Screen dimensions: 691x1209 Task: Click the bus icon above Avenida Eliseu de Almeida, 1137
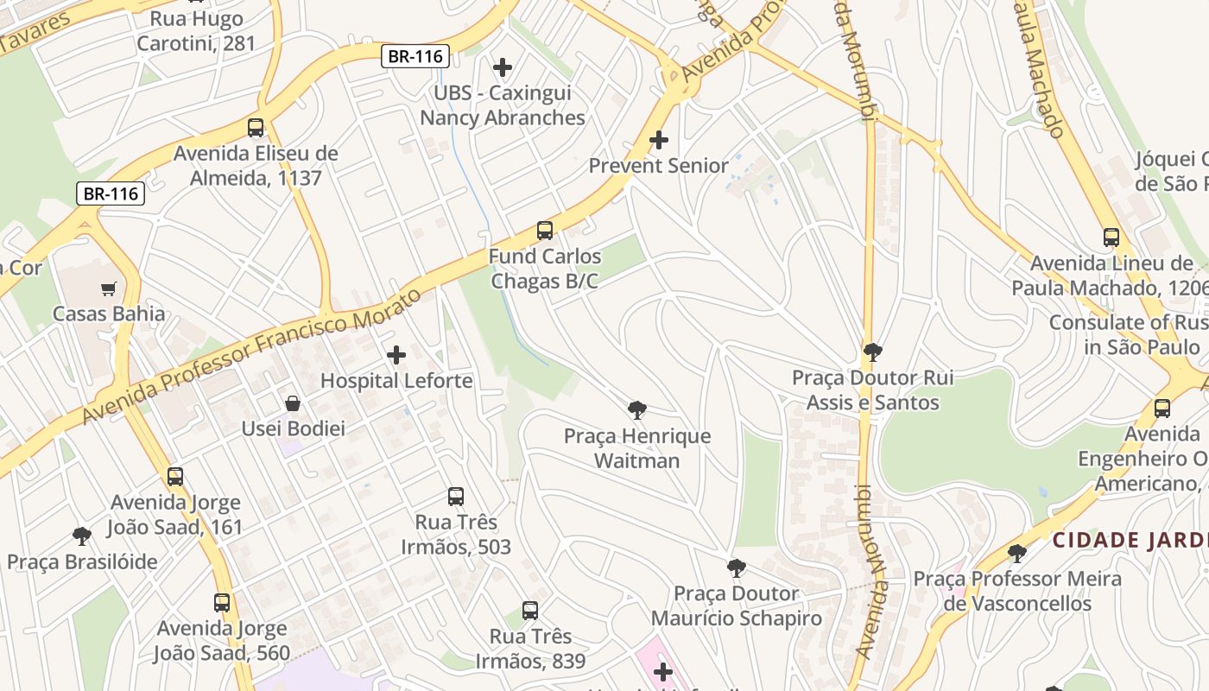point(256,128)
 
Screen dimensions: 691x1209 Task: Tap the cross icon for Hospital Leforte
point(396,355)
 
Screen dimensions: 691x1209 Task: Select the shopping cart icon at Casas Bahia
point(109,288)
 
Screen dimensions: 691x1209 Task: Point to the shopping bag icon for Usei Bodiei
point(293,403)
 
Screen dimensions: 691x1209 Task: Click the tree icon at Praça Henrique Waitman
point(637,410)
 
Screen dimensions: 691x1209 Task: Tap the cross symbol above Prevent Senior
point(659,139)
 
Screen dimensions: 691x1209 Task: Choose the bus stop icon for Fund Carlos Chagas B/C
point(545,231)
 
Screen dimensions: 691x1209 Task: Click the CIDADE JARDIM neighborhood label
point(1130,541)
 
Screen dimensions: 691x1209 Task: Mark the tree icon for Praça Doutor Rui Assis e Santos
point(872,352)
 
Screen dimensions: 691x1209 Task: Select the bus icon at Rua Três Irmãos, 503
point(456,497)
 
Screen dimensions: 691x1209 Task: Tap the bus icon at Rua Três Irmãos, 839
point(530,611)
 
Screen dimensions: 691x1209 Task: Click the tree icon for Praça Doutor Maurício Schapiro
point(736,567)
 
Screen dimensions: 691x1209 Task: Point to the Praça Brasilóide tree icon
point(82,536)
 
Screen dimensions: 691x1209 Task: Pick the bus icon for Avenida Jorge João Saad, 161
point(175,477)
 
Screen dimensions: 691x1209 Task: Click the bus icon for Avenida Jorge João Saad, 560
point(222,603)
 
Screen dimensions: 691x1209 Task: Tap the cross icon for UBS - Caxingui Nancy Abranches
point(502,67)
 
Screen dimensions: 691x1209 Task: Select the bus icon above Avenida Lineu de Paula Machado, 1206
point(1111,238)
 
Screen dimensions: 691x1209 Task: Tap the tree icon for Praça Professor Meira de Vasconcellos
point(1017,553)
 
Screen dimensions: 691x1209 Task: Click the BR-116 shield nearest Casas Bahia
point(111,193)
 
